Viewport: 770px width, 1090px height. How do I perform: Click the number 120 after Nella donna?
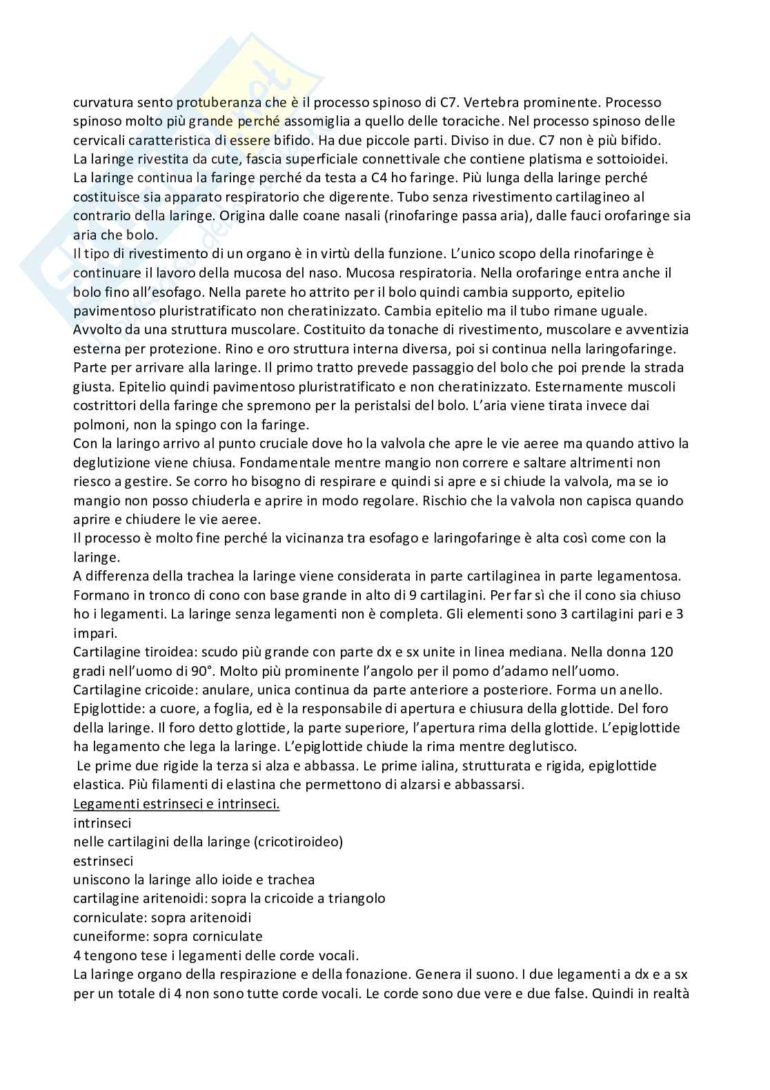(x=661, y=651)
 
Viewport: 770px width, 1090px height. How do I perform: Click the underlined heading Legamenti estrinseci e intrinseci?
(x=176, y=804)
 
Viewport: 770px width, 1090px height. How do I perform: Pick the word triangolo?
(x=355, y=898)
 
